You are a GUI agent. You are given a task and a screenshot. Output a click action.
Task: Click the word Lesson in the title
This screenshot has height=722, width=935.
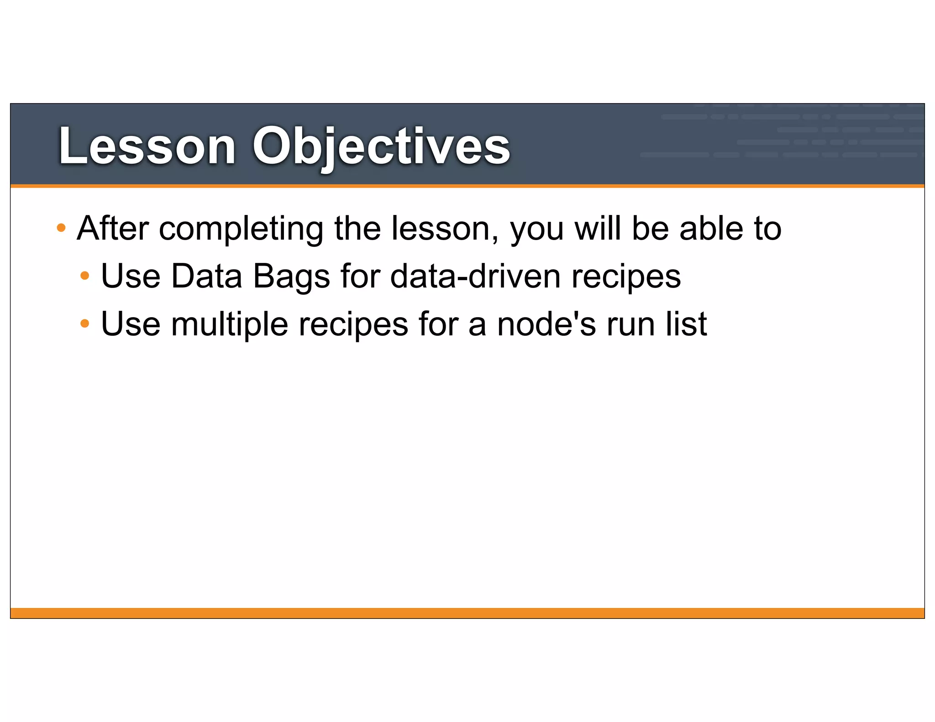[147, 146]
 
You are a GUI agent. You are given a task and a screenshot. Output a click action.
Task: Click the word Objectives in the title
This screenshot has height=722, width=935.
[381, 146]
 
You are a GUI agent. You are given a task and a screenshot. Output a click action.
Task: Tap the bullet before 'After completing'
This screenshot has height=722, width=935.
[61, 227]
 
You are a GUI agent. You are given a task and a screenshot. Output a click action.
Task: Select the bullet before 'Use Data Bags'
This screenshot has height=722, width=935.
[84, 275]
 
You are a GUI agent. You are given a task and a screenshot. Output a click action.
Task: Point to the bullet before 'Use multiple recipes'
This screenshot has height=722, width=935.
[84, 324]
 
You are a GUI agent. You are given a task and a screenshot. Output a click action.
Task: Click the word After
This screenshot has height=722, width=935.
[113, 228]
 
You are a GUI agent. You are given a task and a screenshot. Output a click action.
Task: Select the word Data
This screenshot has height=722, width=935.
[206, 276]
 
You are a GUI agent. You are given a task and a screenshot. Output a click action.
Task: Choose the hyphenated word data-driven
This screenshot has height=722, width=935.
[475, 276]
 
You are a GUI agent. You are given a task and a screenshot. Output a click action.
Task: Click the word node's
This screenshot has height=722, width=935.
[546, 324]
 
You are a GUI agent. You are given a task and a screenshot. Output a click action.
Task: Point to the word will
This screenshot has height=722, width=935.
[598, 228]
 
